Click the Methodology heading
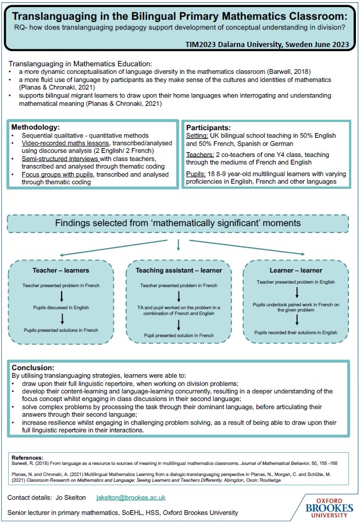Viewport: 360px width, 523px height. click(x=35, y=127)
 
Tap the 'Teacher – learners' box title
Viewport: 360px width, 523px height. click(x=61, y=271)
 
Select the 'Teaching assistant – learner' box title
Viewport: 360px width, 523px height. click(x=179, y=271)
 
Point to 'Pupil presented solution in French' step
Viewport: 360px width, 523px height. click(x=179, y=335)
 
